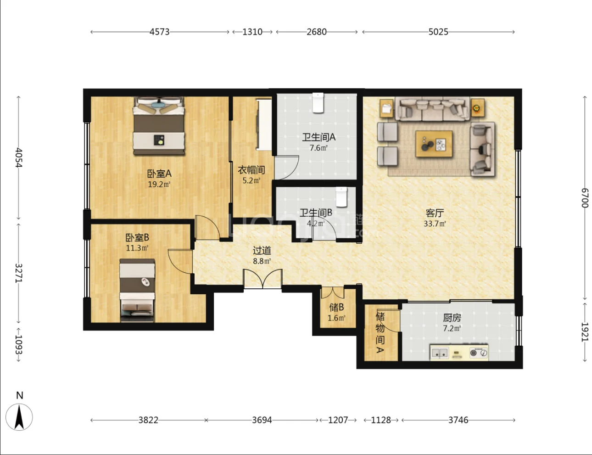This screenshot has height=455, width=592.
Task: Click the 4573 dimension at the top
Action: (159, 32)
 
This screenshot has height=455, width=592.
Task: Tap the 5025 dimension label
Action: (438, 32)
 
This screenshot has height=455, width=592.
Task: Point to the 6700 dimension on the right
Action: (585, 198)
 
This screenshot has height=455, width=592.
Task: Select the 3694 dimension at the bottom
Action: (262, 420)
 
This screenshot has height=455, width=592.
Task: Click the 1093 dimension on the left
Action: (18, 344)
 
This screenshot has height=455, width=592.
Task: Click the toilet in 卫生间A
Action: (318, 103)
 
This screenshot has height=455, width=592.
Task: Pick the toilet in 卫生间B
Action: (341, 197)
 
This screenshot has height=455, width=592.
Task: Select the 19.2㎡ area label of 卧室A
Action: (159, 185)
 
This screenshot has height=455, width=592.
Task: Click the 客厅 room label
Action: (435, 213)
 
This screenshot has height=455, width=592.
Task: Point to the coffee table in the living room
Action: (434, 144)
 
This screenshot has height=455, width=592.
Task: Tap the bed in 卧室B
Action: (137, 291)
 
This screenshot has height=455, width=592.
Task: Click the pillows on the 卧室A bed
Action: (159, 107)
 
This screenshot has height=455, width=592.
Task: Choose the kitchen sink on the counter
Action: (440, 353)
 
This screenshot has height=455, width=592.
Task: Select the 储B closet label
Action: (336, 307)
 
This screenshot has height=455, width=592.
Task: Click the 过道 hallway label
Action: (262, 250)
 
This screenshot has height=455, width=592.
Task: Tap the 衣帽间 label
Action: (251, 170)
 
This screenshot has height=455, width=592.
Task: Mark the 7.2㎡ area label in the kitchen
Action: (452, 328)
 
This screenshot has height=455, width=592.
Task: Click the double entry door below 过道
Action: (262, 279)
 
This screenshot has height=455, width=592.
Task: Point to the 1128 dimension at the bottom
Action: (381, 420)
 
